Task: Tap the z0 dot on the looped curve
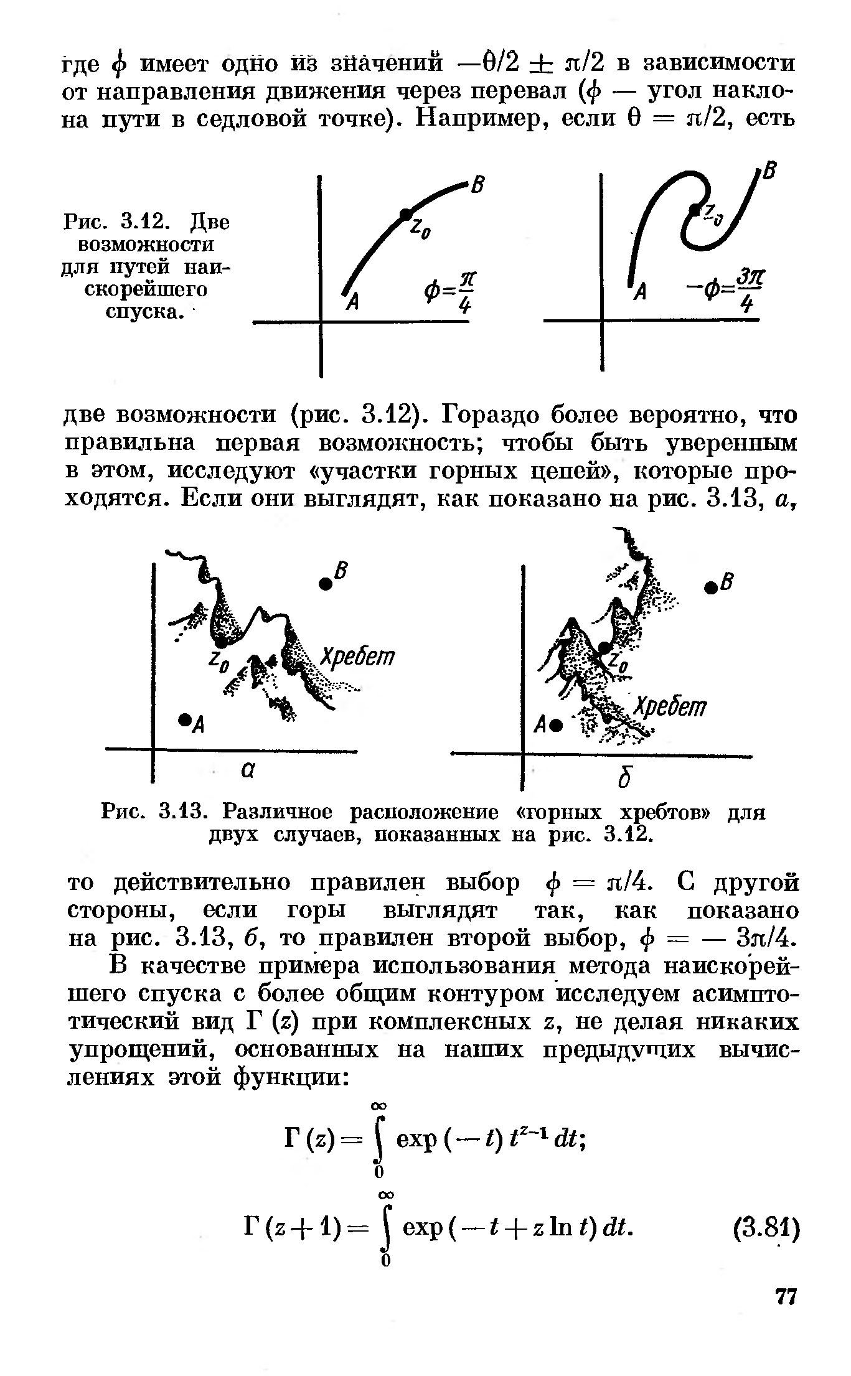pos(693,208)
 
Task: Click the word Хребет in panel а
pos(357,657)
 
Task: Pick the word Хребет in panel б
pos(670,707)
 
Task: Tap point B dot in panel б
pos(709,587)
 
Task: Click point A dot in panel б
pos(557,724)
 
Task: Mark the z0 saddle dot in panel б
pos(603,648)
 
